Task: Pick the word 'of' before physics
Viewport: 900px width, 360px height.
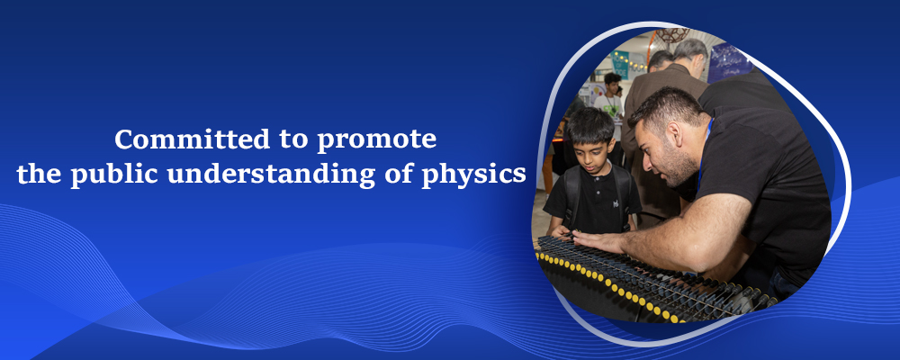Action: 399,175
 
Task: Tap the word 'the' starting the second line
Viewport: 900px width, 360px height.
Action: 39,175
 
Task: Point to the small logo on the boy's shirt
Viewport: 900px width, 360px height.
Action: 615,202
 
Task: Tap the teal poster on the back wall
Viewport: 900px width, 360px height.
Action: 619,64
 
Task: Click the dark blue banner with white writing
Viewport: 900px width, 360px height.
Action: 729,62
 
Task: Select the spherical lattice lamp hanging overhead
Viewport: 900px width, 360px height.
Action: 671,34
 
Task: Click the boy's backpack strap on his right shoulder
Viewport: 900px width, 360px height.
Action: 568,194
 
